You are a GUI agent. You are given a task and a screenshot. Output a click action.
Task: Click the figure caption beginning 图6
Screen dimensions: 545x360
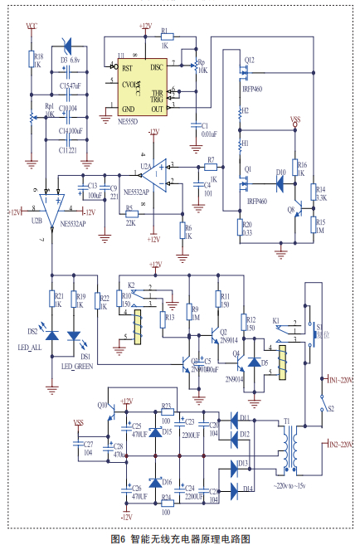point(179,538)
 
